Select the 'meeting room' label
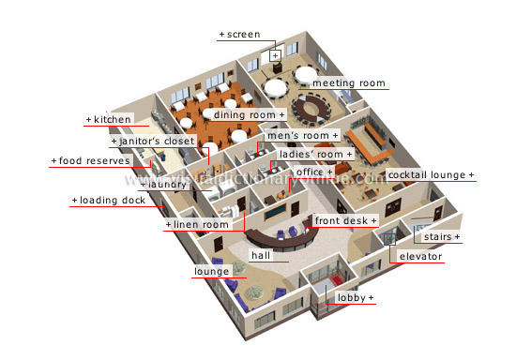(x=348, y=83)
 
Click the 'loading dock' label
(x=107, y=201)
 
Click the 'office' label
(x=314, y=172)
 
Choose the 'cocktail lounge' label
(x=431, y=175)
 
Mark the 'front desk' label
(x=346, y=220)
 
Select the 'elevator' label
(x=420, y=256)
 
